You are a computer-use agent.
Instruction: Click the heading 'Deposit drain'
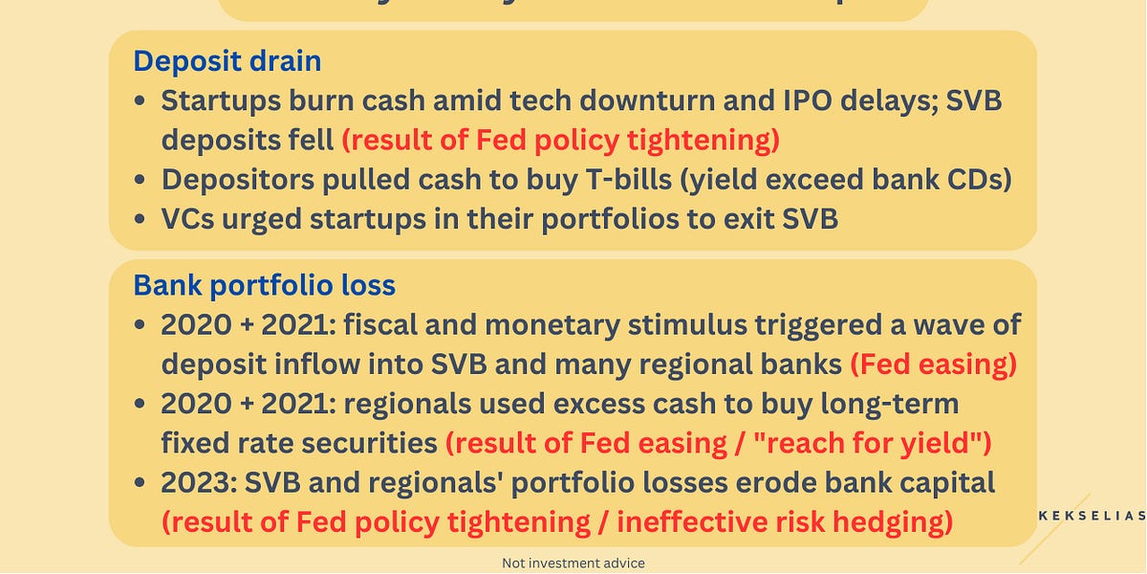coord(227,61)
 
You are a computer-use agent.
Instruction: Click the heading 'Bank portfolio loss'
coord(264,285)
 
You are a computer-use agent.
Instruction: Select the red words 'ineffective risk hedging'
coord(785,522)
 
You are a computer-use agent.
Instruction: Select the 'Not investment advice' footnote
coord(573,563)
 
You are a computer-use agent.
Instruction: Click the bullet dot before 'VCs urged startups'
coord(141,220)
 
